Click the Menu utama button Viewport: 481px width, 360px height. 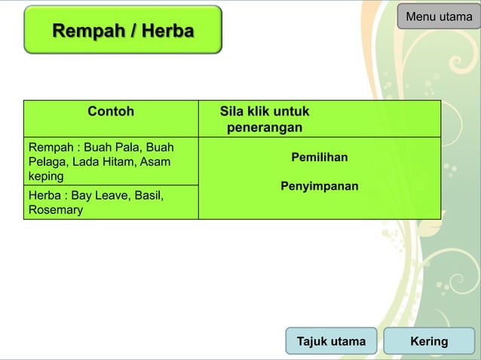click(x=439, y=17)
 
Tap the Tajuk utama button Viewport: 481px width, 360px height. click(x=331, y=341)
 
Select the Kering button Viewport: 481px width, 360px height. click(x=429, y=341)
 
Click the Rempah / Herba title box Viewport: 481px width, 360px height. click(x=123, y=31)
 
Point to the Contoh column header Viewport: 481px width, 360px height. click(x=111, y=111)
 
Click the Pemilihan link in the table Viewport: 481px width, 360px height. click(x=319, y=157)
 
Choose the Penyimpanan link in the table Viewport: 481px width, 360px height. click(x=319, y=185)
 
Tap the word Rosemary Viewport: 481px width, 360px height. click(x=54, y=210)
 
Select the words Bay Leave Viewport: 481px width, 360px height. click(x=99, y=196)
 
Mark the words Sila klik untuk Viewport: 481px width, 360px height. click(x=264, y=111)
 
